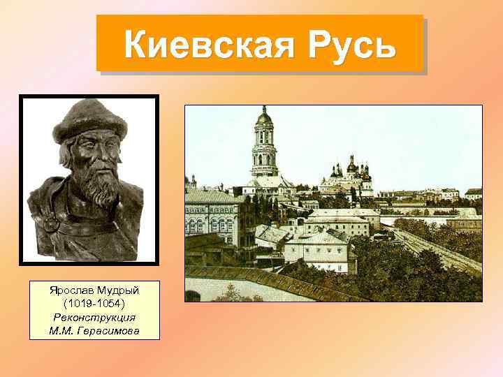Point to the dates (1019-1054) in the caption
pyautogui.click(x=94, y=306)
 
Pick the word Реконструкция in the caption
pyautogui.click(x=94, y=318)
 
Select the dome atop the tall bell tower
pyautogui.click(x=264, y=116)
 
